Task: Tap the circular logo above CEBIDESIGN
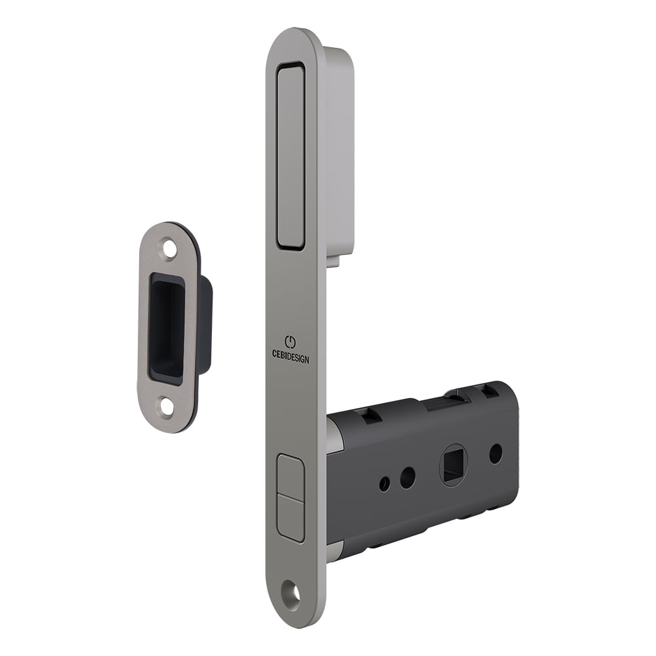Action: tap(291, 342)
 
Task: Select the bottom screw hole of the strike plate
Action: tap(167, 406)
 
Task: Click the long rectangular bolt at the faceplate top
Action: tap(291, 156)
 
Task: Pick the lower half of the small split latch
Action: tap(291, 518)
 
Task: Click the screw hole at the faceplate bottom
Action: tap(293, 594)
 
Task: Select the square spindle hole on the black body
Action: tap(452, 464)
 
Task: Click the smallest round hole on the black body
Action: tap(384, 484)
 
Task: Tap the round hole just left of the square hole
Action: tap(407, 477)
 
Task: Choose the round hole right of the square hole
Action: tap(496, 453)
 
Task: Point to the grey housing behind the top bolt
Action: tap(340, 151)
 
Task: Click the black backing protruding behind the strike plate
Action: tap(205, 325)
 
